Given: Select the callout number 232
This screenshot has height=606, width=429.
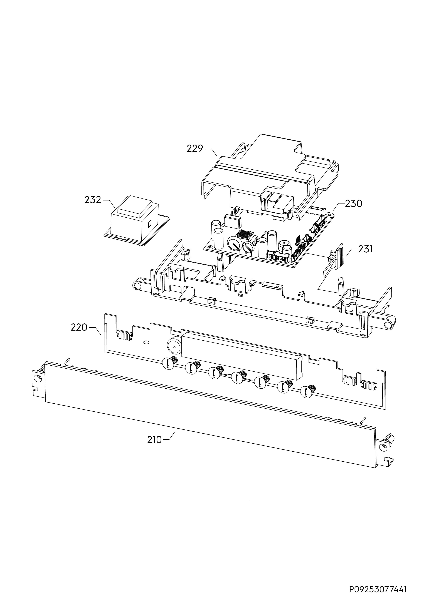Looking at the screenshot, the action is pyautogui.click(x=93, y=200).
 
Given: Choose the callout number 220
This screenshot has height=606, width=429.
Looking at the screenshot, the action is pyautogui.click(x=79, y=327).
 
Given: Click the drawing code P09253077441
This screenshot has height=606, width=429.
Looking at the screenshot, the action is pyautogui.click(x=378, y=589).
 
